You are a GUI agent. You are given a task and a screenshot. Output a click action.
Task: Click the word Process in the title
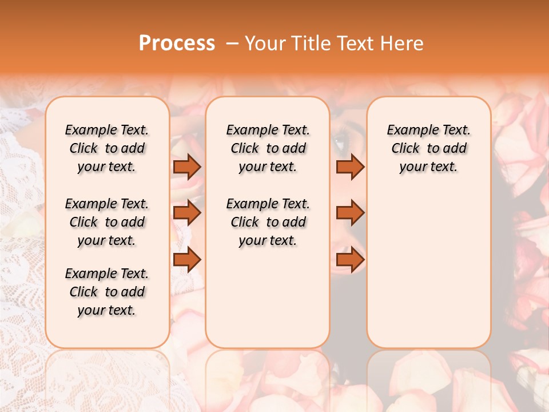pos(177,43)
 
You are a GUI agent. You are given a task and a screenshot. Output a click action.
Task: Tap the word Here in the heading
pos(403,43)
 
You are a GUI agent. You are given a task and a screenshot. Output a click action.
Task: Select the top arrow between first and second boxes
pos(187,167)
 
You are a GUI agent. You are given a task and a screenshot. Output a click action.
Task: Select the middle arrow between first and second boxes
pos(187,213)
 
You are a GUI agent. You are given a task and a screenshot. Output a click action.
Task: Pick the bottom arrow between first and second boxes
pos(187,259)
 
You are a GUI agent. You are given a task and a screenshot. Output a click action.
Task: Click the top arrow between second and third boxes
pos(350,167)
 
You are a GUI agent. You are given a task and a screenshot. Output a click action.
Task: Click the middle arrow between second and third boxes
pos(350,213)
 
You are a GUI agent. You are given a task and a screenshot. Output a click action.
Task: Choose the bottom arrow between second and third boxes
pos(350,259)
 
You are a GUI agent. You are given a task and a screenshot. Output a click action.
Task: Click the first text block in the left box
pos(107,148)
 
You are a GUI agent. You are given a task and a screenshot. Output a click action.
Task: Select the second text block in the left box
pos(107,222)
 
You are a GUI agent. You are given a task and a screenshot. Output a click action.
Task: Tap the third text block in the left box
pos(107,292)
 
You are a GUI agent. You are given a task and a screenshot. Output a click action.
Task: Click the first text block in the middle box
pos(268,148)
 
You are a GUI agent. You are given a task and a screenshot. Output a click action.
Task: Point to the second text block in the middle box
pos(268,222)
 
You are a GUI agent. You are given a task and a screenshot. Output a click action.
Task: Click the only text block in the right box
pos(428,148)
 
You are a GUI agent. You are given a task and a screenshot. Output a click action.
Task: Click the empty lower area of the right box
pos(428,269)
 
